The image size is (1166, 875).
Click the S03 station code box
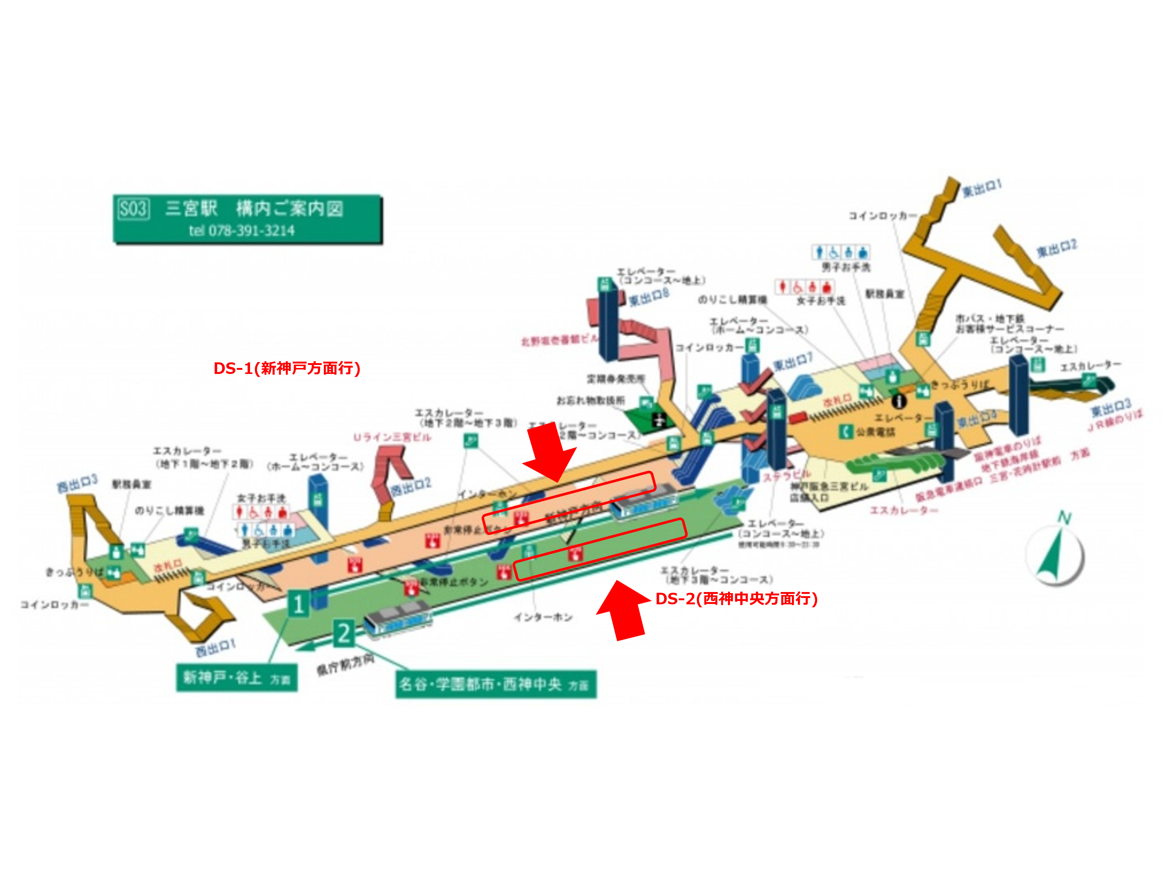coord(133,209)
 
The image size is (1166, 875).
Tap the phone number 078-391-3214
coord(251,230)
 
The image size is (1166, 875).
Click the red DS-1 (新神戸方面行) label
coord(287,368)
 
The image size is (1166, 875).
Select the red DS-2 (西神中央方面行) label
coord(736,599)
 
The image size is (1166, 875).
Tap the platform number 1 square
coord(298,604)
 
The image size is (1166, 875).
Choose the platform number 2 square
coord(344,633)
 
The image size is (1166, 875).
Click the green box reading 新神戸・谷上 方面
coord(237,678)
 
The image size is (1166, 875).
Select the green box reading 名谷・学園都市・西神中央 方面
coord(496,684)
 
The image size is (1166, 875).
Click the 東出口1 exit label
coord(982,188)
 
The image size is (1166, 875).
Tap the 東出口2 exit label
coord(1056,248)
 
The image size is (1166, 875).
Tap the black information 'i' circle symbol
coord(899,402)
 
